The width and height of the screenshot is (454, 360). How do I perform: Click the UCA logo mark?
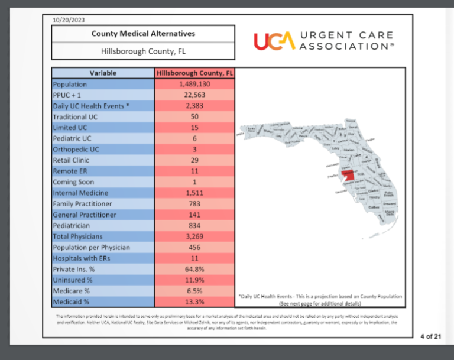(274, 41)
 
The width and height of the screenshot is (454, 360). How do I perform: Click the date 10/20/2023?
(69, 20)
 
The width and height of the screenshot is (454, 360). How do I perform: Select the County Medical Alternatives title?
(143, 34)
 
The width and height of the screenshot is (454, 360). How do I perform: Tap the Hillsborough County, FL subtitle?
(143, 51)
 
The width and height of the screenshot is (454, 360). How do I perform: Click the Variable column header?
(103, 73)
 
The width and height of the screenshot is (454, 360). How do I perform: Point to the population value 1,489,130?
(194, 85)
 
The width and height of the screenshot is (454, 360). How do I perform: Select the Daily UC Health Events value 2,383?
(194, 106)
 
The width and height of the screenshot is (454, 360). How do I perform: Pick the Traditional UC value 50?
(194, 117)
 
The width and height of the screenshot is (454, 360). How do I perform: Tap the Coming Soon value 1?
(194, 182)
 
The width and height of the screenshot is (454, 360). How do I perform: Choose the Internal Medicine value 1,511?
(194, 193)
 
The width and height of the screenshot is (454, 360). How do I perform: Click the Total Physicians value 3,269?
(194, 236)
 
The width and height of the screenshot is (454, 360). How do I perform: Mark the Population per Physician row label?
(91, 247)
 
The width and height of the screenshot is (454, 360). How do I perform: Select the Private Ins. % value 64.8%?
(194, 269)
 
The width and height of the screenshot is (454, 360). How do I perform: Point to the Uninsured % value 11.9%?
(194, 280)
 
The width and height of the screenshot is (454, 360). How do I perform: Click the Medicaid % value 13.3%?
(194, 302)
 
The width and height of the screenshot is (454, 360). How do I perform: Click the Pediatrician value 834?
(194, 226)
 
